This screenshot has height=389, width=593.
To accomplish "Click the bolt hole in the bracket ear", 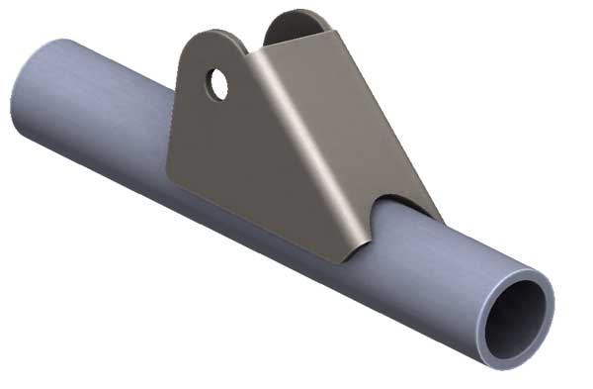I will (x=218, y=84).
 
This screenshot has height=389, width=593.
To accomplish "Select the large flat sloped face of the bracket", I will (x=326, y=139).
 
